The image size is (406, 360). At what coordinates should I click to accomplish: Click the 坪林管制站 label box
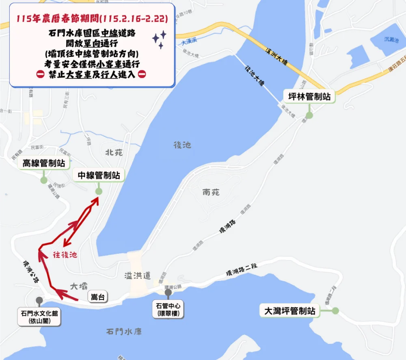[309, 97]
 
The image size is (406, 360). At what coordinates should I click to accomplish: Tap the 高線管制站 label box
[44, 163]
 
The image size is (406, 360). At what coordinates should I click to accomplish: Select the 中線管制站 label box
[99, 176]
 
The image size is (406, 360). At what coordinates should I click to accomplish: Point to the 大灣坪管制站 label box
[289, 311]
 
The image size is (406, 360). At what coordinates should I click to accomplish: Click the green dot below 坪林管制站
[309, 115]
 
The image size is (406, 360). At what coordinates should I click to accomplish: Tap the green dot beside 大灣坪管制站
[335, 311]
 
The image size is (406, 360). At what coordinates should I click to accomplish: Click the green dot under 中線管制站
[99, 191]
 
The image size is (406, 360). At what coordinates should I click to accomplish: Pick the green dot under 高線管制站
[44, 180]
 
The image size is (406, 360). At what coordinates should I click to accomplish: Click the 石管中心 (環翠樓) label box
[168, 309]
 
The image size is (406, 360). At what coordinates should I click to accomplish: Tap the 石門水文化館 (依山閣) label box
[39, 317]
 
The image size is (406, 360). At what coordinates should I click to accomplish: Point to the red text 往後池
[65, 255]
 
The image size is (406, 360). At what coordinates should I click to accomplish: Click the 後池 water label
[182, 145]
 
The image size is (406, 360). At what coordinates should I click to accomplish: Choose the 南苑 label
[211, 192]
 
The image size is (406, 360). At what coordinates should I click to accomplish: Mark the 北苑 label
[114, 152]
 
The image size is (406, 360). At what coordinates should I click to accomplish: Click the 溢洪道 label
[137, 276]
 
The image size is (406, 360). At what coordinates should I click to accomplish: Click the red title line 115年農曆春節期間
[92, 19]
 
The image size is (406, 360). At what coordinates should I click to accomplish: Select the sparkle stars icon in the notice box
[160, 40]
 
